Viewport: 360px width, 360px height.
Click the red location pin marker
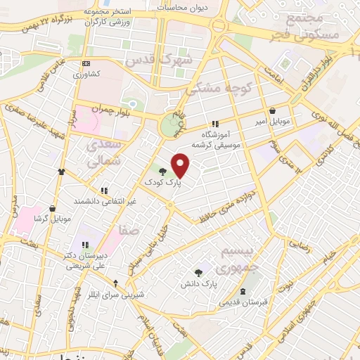click(181, 165)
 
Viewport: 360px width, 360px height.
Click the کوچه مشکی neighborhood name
click(214, 88)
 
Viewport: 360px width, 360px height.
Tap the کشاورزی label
click(89, 73)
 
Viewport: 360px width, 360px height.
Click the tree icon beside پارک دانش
click(199, 272)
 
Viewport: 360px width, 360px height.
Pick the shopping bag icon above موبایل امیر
click(273, 110)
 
